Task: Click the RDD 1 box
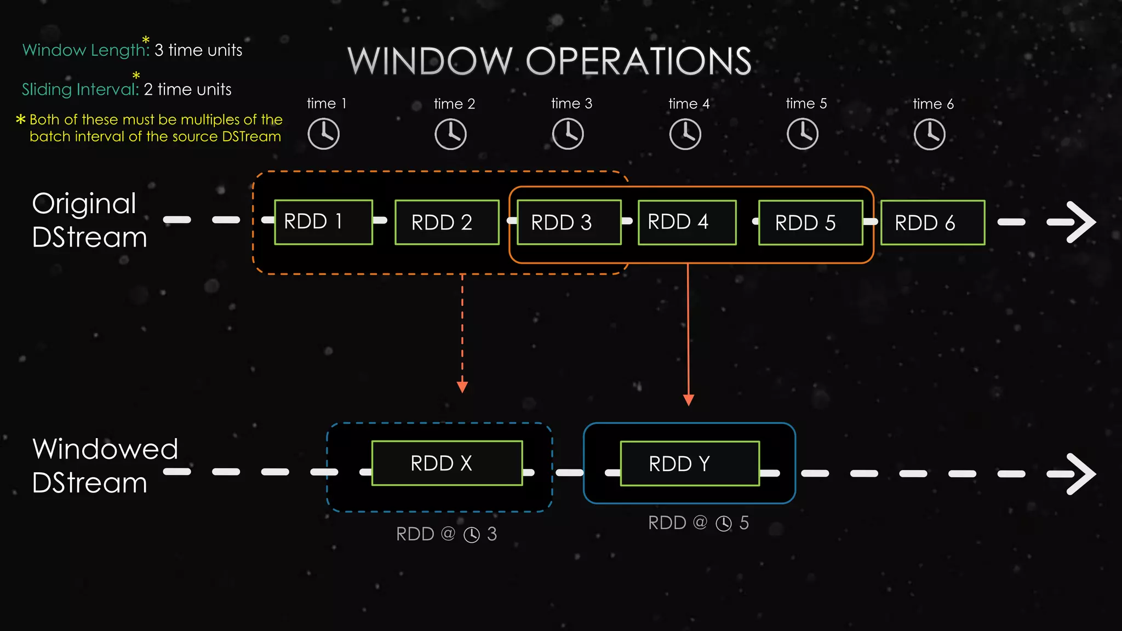pyautogui.click(x=323, y=222)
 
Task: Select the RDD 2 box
pyautogui.click(x=446, y=222)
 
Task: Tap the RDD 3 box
pyautogui.click(x=569, y=222)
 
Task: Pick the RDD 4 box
pyautogui.click(x=687, y=222)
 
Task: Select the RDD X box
pyautogui.click(x=446, y=463)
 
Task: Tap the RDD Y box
pyautogui.click(x=690, y=464)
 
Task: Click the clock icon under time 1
pyautogui.click(x=323, y=134)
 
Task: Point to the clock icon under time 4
pyautogui.click(x=685, y=134)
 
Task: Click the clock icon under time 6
pyautogui.click(x=929, y=134)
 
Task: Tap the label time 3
pyautogui.click(x=571, y=104)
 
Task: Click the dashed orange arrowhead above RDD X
pyautogui.click(x=462, y=387)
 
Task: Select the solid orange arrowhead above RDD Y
pyautogui.click(x=689, y=400)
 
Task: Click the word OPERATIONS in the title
pyautogui.click(x=638, y=61)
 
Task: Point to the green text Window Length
pyautogui.click(x=85, y=50)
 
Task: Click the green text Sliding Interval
pyautogui.click(x=80, y=89)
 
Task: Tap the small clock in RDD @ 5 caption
pyautogui.click(x=724, y=524)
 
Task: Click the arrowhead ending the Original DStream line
pyautogui.click(x=1077, y=222)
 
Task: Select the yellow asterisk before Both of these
pyautogui.click(x=21, y=119)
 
